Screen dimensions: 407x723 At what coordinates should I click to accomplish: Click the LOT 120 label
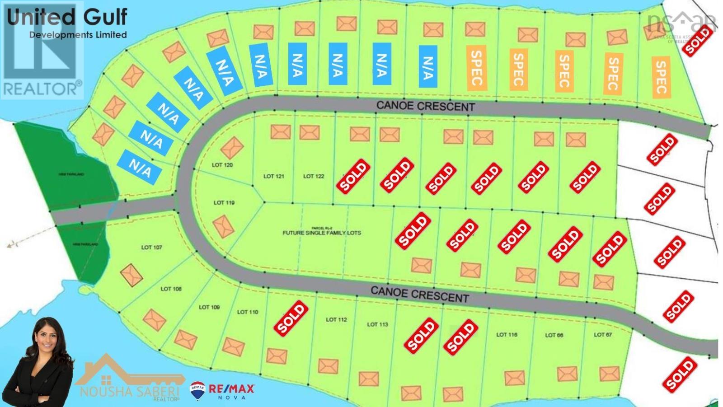click(222, 165)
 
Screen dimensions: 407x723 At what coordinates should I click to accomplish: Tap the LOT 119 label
click(224, 202)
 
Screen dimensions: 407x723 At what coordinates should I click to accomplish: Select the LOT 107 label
click(151, 247)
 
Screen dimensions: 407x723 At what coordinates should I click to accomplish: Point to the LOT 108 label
click(171, 289)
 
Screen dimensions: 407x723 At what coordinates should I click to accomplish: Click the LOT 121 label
click(274, 176)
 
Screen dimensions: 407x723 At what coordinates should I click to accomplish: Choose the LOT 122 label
click(314, 176)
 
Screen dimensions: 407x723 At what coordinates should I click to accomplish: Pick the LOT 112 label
click(336, 319)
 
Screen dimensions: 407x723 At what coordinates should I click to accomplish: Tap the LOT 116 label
click(507, 334)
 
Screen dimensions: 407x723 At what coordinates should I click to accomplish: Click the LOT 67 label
click(603, 334)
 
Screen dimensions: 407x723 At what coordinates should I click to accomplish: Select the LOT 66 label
click(554, 335)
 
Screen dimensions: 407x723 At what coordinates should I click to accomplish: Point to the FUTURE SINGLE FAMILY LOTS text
click(322, 233)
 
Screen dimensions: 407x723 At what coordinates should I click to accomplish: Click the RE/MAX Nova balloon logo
click(197, 390)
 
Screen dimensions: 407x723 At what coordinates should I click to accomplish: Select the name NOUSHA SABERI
click(130, 391)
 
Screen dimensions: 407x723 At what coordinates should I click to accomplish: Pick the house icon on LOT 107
click(132, 275)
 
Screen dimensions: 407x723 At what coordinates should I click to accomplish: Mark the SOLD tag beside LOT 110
click(291, 318)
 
